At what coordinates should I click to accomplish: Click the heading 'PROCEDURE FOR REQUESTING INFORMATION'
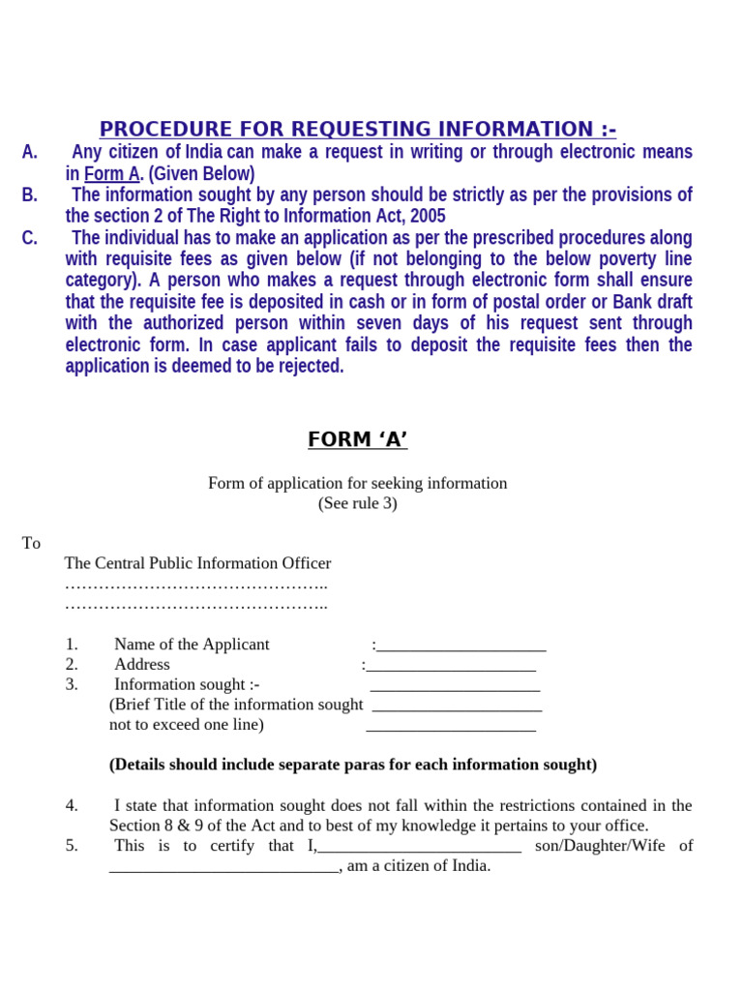coord(357,130)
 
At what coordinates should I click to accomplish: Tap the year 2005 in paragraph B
coord(428,216)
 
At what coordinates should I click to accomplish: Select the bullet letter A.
coord(30,152)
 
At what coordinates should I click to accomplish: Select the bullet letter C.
coord(30,238)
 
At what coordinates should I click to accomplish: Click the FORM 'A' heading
coord(357,440)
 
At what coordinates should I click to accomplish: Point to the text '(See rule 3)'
coord(357,503)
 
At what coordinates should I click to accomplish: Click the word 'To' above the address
coord(31,543)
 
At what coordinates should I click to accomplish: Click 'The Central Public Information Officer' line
coord(197,563)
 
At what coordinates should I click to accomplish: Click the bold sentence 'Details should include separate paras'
coord(353,765)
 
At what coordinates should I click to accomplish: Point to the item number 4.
coord(72,805)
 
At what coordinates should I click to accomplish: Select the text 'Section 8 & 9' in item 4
coord(154,826)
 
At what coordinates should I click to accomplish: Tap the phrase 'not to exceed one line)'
coord(187,725)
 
